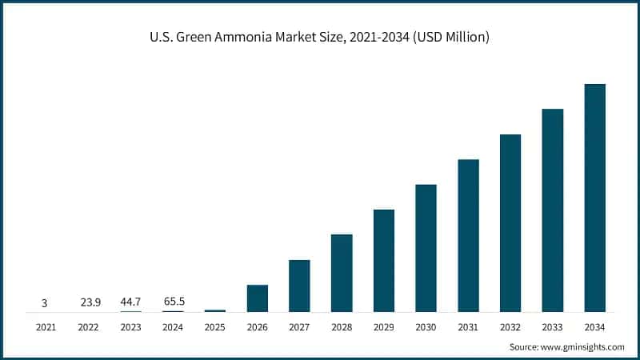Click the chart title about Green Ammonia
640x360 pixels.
pos(320,37)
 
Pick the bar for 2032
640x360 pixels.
pos(510,223)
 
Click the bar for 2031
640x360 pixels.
pos(468,235)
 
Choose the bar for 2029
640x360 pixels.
pos(384,261)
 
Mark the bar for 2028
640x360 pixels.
pos(342,273)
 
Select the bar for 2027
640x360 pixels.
pos(299,286)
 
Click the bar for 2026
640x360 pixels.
pos(257,298)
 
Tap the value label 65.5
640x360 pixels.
pos(173,302)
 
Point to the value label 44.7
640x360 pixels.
pos(130,302)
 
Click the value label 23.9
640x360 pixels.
pos(89,302)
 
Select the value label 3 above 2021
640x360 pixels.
pos(45,303)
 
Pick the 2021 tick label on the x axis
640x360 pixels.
pos(46,326)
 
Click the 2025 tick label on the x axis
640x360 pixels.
pos(214,326)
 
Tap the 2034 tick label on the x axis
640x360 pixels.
pos(594,326)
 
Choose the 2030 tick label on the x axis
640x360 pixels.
pos(426,326)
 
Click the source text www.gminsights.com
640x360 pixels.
pos(566,346)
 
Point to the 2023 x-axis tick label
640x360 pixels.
pos(130,326)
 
